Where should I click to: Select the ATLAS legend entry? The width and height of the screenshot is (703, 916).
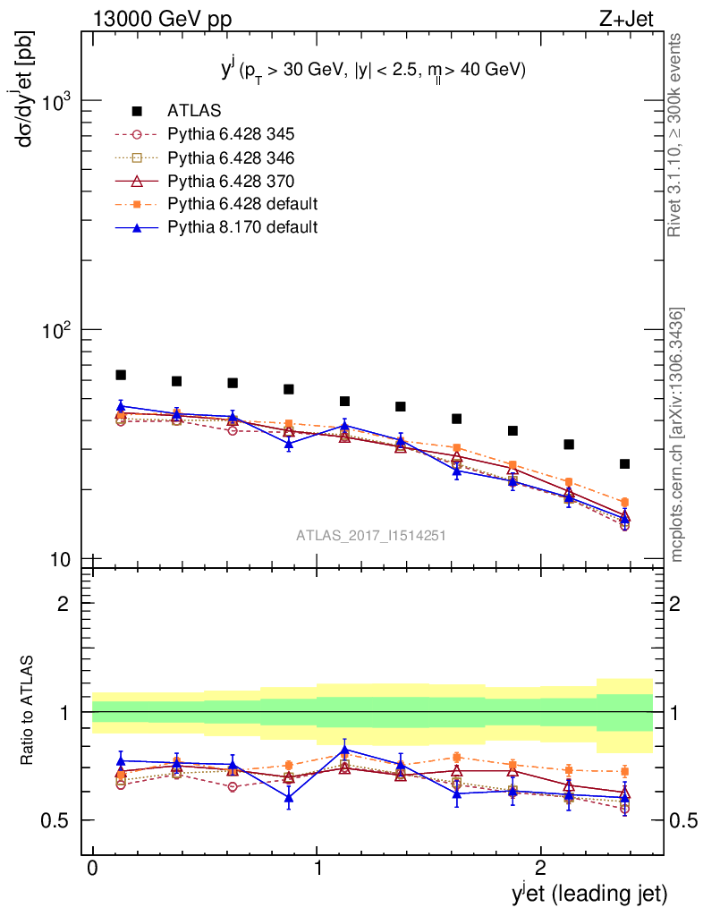193,112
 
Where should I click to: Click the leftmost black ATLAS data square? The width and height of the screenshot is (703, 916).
121,375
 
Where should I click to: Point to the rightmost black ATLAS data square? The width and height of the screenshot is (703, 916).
624,463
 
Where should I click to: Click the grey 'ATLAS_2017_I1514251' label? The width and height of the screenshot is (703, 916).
371,536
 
